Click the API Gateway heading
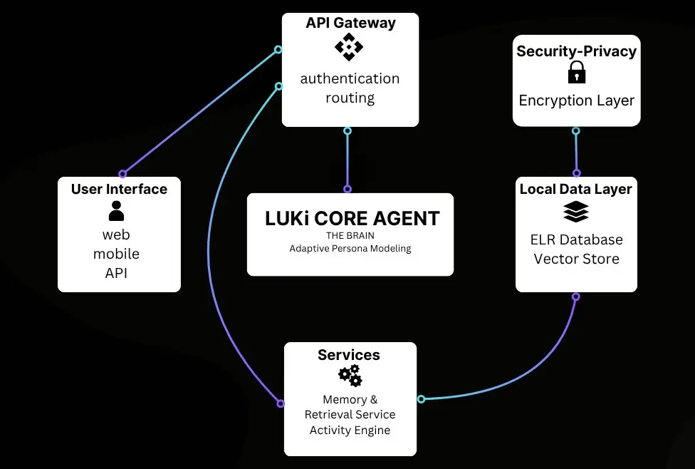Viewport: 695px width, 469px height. coord(350,23)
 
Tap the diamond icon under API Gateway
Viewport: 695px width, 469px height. coord(349,48)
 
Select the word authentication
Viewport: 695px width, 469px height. coord(350,78)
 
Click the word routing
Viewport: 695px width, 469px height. coord(350,98)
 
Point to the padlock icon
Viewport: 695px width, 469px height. coord(576,73)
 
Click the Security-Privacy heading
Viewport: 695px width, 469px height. coord(576,51)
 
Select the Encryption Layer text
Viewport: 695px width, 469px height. coord(576,100)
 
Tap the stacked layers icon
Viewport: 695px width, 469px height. coord(575,212)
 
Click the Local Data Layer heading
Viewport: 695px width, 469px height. coord(575,189)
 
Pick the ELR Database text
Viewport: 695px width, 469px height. coord(576,239)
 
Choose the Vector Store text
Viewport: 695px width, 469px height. coord(576,259)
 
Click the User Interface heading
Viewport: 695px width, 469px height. coord(119,189)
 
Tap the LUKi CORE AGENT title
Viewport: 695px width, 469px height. coord(352,219)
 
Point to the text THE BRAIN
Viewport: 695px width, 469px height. coord(350,235)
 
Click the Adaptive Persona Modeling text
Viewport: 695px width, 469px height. coord(350,249)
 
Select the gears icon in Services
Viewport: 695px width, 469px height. coord(350,375)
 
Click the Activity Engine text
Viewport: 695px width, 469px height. coord(350,430)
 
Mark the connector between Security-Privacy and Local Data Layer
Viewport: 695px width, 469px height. coord(576,152)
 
